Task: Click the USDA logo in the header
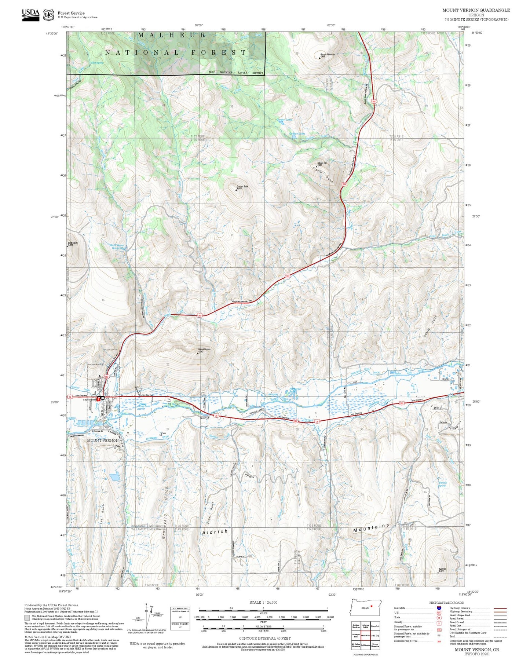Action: coord(30,14)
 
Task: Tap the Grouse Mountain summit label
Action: coord(327,55)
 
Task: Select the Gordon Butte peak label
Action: coord(242,187)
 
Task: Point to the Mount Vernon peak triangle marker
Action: coord(197,353)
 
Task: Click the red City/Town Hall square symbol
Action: coord(98,399)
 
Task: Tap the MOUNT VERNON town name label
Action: coord(103,441)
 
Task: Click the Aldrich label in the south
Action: coord(215,532)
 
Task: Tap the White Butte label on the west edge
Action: coord(73,243)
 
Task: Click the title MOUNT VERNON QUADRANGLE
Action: coord(476,10)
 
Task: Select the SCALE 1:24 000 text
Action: coord(263,602)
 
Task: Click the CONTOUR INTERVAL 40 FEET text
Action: coord(264,638)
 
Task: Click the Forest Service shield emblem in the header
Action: coord(48,15)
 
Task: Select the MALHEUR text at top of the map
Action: coord(172,35)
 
